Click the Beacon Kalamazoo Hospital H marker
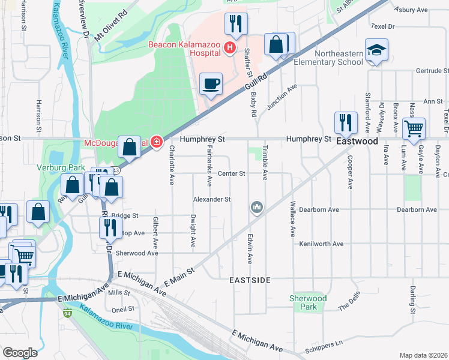click(x=229, y=47)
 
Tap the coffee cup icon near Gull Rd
click(x=211, y=84)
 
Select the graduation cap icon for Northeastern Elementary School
click(x=376, y=50)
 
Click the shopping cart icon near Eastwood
click(x=413, y=128)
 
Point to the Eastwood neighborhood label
click(x=357, y=142)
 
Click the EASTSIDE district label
click(x=250, y=280)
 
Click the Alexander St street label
click(x=212, y=199)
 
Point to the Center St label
click(x=232, y=174)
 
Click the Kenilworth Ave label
click(x=321, y=244)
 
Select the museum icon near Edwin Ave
click(x=257, y=208)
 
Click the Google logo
click(x=20, y=353)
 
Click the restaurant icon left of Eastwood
click(x=345, y=122)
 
